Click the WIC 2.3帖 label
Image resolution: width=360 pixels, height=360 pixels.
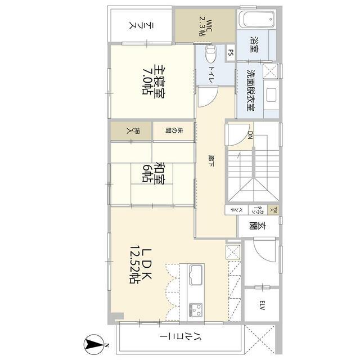[x=204, y=26]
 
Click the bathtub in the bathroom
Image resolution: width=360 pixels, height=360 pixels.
[x=258, y=19]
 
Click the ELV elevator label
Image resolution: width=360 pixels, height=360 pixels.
[x=262, y=306]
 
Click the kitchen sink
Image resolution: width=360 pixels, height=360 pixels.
[x=196, y=275]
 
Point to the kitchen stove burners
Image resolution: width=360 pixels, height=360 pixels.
[x=197, y=309]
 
